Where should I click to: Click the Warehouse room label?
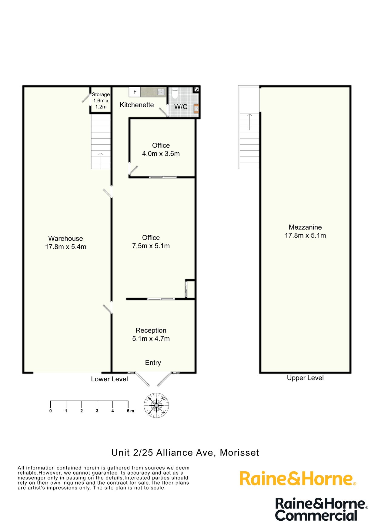(65, 243)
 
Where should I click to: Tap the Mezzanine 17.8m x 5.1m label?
(305, 231)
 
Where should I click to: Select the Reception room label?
(151, 334)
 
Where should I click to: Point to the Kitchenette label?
(137, 105)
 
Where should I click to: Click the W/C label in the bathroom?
(181, 107)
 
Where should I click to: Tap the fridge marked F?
(135, 92)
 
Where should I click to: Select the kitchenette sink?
(161, 92)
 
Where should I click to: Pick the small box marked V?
(196, 89)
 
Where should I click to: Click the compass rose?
(156, 405)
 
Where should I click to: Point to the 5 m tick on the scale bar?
(128, 404)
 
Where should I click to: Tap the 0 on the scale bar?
(50, 411)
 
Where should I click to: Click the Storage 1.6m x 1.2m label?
(101, 101)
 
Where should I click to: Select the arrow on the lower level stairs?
(101, 158)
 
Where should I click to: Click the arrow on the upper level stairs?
(249, 121)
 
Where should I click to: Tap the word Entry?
(153, 363)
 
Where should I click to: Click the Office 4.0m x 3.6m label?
(161, 150)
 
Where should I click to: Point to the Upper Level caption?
(305, 378)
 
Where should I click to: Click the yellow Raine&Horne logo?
(297, 479)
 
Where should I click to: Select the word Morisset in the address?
(239, 453)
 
